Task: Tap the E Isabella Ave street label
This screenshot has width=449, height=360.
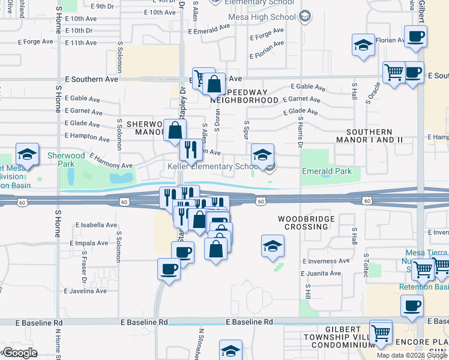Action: click(96, 225)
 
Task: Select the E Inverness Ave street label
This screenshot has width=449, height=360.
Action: click(326, 261)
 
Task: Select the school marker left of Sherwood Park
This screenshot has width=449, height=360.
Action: click(27, 155)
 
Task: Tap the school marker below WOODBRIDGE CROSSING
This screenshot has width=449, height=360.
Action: click(273, 246)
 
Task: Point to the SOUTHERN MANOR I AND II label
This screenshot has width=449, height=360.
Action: click(377, 136)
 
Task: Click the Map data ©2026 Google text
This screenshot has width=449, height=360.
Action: click(412, 355)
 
